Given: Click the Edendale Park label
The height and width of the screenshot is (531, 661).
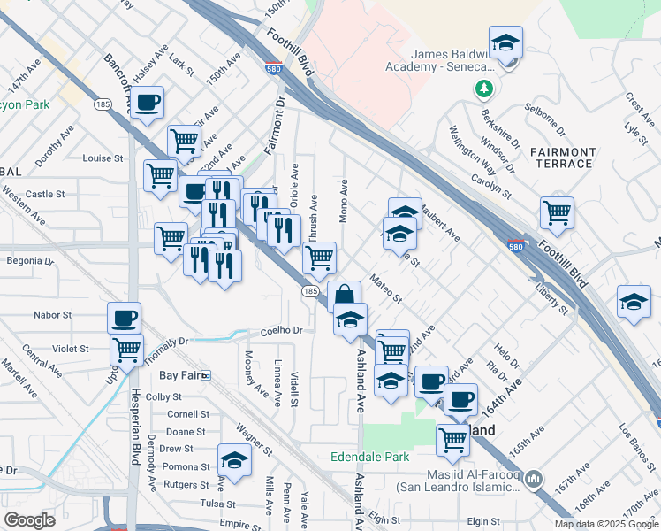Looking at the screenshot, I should pos(369,458).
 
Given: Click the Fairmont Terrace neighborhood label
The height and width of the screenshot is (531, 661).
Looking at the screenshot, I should pos(563,158).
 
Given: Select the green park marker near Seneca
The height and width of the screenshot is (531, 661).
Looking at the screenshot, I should pos(483,88).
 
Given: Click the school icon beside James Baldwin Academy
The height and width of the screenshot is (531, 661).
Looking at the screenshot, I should pos(506,43).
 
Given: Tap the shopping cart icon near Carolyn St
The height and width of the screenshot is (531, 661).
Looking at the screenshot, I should pos(558,212).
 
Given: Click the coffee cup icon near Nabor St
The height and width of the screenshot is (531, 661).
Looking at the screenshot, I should pos(125,317).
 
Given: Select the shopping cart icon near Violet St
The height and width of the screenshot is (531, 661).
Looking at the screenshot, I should pos(127,350).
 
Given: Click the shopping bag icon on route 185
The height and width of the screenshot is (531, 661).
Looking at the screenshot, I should pos(344,296).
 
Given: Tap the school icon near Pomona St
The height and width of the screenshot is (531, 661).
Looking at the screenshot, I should pos(233,460).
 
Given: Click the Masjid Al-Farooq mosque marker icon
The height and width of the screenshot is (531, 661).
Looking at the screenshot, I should pos(533,480).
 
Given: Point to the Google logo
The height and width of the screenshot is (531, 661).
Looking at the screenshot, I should pos(29,520).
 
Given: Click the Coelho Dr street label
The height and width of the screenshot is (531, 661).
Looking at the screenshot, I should pos(281,331).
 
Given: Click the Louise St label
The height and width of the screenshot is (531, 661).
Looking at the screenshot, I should pos(102,158).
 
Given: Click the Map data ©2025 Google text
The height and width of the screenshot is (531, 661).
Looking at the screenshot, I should pos(606,524).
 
